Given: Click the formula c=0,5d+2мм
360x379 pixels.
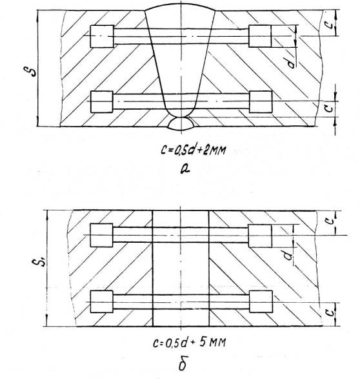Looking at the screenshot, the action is tap(194, 150).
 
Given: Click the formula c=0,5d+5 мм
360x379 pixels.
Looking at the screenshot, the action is tap(190, 343).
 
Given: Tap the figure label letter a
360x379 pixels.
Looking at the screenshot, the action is tap(185, 169).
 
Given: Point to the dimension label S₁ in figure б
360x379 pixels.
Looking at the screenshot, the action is tap(39, 262).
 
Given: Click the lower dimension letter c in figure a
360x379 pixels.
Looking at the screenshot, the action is tap(328, 108).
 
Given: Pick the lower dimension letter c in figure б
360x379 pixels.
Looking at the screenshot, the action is tap(329, 313).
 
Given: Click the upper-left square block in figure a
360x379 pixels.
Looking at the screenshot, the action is tap(102, 36).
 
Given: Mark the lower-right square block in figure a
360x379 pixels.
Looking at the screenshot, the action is tap(261, 102).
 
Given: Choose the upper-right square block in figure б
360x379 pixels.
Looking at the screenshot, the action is tap(260, 236).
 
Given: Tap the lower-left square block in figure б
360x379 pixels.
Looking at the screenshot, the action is tap(102, 302).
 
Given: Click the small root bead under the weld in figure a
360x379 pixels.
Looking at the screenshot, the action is tap(181, 124).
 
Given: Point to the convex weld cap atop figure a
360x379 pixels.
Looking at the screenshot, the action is tap(181, 6).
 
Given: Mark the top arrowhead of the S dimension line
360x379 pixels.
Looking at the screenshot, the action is tap(38, 13).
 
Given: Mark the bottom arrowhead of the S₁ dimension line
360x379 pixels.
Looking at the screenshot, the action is tap(47, 323).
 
